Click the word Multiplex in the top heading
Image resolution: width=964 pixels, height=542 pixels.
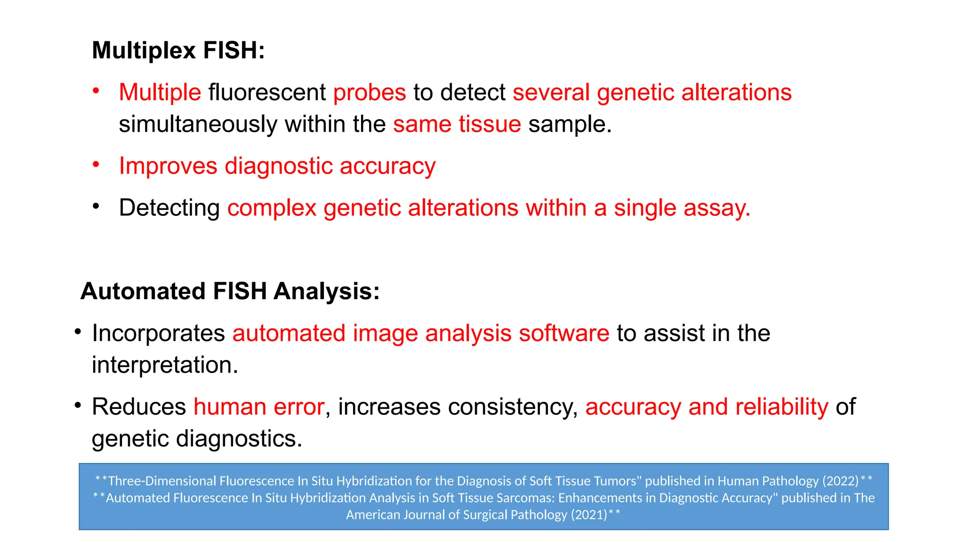(144, 50)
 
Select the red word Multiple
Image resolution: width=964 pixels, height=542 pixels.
(160, 92)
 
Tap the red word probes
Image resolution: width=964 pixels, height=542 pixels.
(370, 92)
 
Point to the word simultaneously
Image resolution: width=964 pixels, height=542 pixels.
(198, 124)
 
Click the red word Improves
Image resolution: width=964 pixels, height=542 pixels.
(168, 166)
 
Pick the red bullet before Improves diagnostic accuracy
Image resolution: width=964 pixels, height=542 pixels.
(96, 164)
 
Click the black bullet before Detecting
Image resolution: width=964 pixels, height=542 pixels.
(96, 206)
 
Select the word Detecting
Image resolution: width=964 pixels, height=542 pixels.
(169, 208)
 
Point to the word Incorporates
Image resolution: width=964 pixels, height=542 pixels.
(159, 333)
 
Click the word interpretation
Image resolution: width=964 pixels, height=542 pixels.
(165, 365)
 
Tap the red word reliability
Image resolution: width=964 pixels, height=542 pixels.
(781, 407)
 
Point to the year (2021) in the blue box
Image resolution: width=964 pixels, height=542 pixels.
(589, 515)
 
